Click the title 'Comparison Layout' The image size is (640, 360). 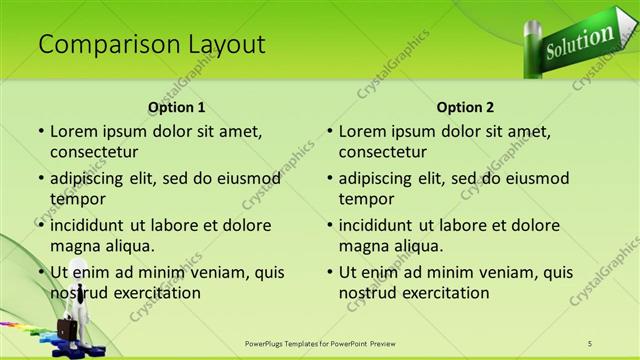151,44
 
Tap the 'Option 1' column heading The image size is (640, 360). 176,107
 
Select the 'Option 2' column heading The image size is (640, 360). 465,107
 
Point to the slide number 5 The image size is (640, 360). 590,343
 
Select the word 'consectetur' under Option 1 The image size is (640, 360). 94,152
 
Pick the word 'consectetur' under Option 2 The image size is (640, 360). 383,152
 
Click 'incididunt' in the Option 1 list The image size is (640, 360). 90,225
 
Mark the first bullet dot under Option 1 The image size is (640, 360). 40,132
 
